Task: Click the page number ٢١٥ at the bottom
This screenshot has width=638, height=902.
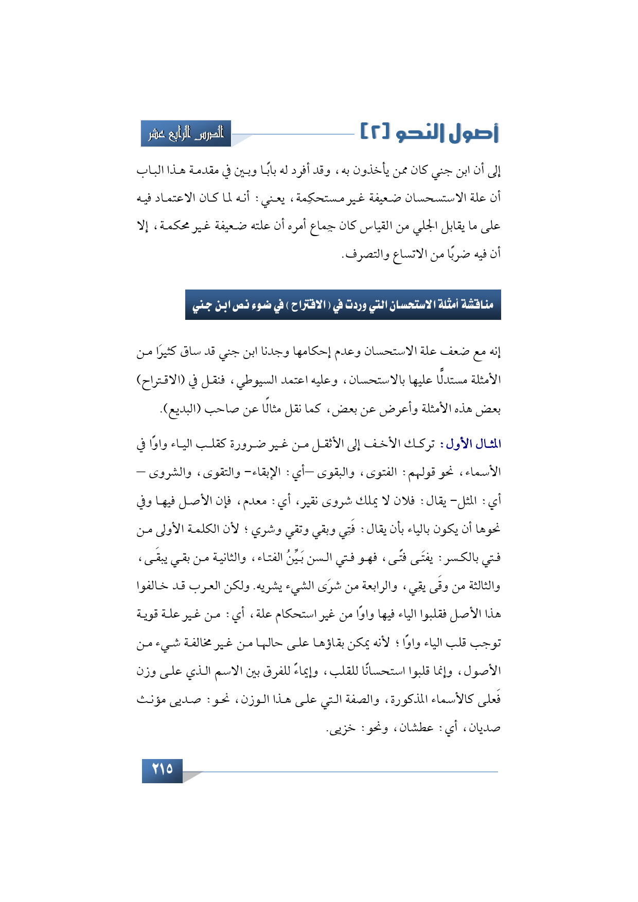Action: [x=162, y=769]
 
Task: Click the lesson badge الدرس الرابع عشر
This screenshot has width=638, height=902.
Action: [x=186, y=134]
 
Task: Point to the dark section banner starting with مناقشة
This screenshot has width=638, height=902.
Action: [x=343, y=305]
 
